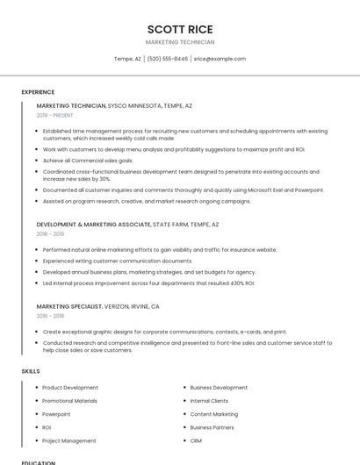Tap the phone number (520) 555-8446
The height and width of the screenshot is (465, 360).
pyautogui.click(x=168, y=59)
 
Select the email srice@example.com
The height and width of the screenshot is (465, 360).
pyautogui.click(x=220, y=59)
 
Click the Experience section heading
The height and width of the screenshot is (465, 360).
pyautogui.click(x=38, y=92)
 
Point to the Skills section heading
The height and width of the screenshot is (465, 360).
pyautogui.click(x=31, y=371)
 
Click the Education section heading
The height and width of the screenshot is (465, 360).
pyautogui.click(x=38, y=461)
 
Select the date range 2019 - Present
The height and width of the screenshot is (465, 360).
pyautogui.click(x=55, y=115)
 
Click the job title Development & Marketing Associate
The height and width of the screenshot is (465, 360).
pyautogui.click(x=94, y=225)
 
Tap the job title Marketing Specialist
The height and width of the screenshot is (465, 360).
pyautogui.click(x=73, y=307)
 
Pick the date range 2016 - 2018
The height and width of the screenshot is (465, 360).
pyautogui.click(x=50, y=316)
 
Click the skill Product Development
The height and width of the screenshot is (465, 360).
pyautogui.click(x=70, y=387)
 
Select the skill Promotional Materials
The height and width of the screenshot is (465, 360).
pyautogui.click(x=69, y=401)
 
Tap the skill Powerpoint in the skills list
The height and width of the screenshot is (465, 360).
pyautogui.click(x=56, y=414)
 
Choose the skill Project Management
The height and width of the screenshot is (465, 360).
pyautogui.click(x=69, y=440)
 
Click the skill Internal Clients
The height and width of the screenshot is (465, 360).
pyautogui.click(x=209, y=401)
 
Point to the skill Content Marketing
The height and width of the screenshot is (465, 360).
pyautogui.click(x=213, y=414)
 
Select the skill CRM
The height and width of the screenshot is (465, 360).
pyautogui.click(x=196, y=440)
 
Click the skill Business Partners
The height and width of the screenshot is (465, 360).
pyautogui.click(x=212, y=427)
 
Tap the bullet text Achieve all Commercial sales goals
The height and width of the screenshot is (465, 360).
pyautogui.click(x=88, y=161)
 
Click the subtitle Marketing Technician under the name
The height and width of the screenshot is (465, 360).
pyautogui.click(x=179, y=42)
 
